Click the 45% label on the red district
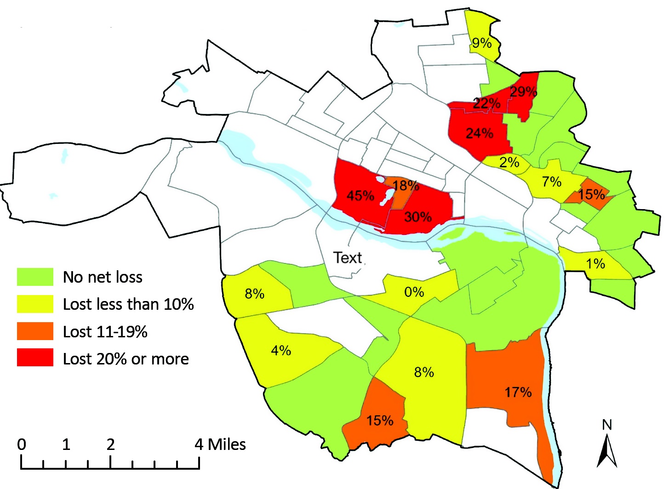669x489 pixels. pyautogui.click(x=360, y=196)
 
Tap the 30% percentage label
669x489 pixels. pyautogui.click(x=417, y=216)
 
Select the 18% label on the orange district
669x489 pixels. pyautogui.click(x=406, y=186)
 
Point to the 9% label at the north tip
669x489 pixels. pyautogui.click(x=481, y=43)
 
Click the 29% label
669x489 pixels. pyautogui.click(x=523, y=92)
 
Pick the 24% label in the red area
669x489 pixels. pyautogui.click(x=479, y=133)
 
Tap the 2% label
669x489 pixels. pyautogui.click(x=509, y=162)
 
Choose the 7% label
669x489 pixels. pyautogui.click(x=551, y=182)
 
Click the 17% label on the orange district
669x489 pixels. pyautogui.click(x=518, y=392)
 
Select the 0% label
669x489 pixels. pyautogui.click(x=414, y=292)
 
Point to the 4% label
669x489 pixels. pyautogui.click(x=280, y=351)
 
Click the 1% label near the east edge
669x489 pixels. pyautogui.click(x=595, y=263)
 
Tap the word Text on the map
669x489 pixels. pyautogui.click(x=348, y=258)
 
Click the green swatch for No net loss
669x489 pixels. pyautogui.click(x=35, y=277)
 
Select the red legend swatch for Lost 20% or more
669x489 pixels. pyautogui.click(x=35, y=358)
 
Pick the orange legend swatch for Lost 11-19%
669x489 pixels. pyautogui.click(x=35, y=331)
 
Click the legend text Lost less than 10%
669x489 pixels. pyautogui.click(x=128, y=304)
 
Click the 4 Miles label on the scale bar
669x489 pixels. pyautogui.click(x=220, y=444)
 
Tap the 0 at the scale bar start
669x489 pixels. pyautogui.click(x=22, y=444)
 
